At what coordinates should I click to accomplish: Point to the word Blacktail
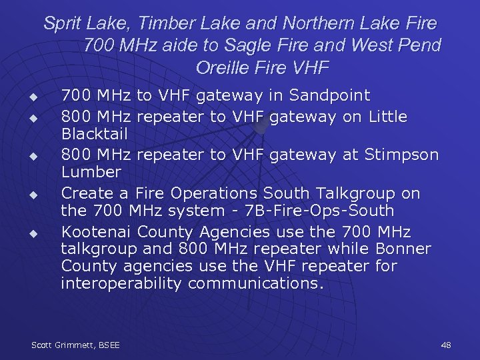click(x=94, y=133)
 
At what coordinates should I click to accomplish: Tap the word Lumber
click(x=91, y=171)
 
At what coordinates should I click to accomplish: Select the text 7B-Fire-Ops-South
click(x=320, y=211)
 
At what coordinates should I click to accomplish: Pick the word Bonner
click(x=403, y=249)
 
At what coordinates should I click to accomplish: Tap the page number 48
click(x=446, y=345)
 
